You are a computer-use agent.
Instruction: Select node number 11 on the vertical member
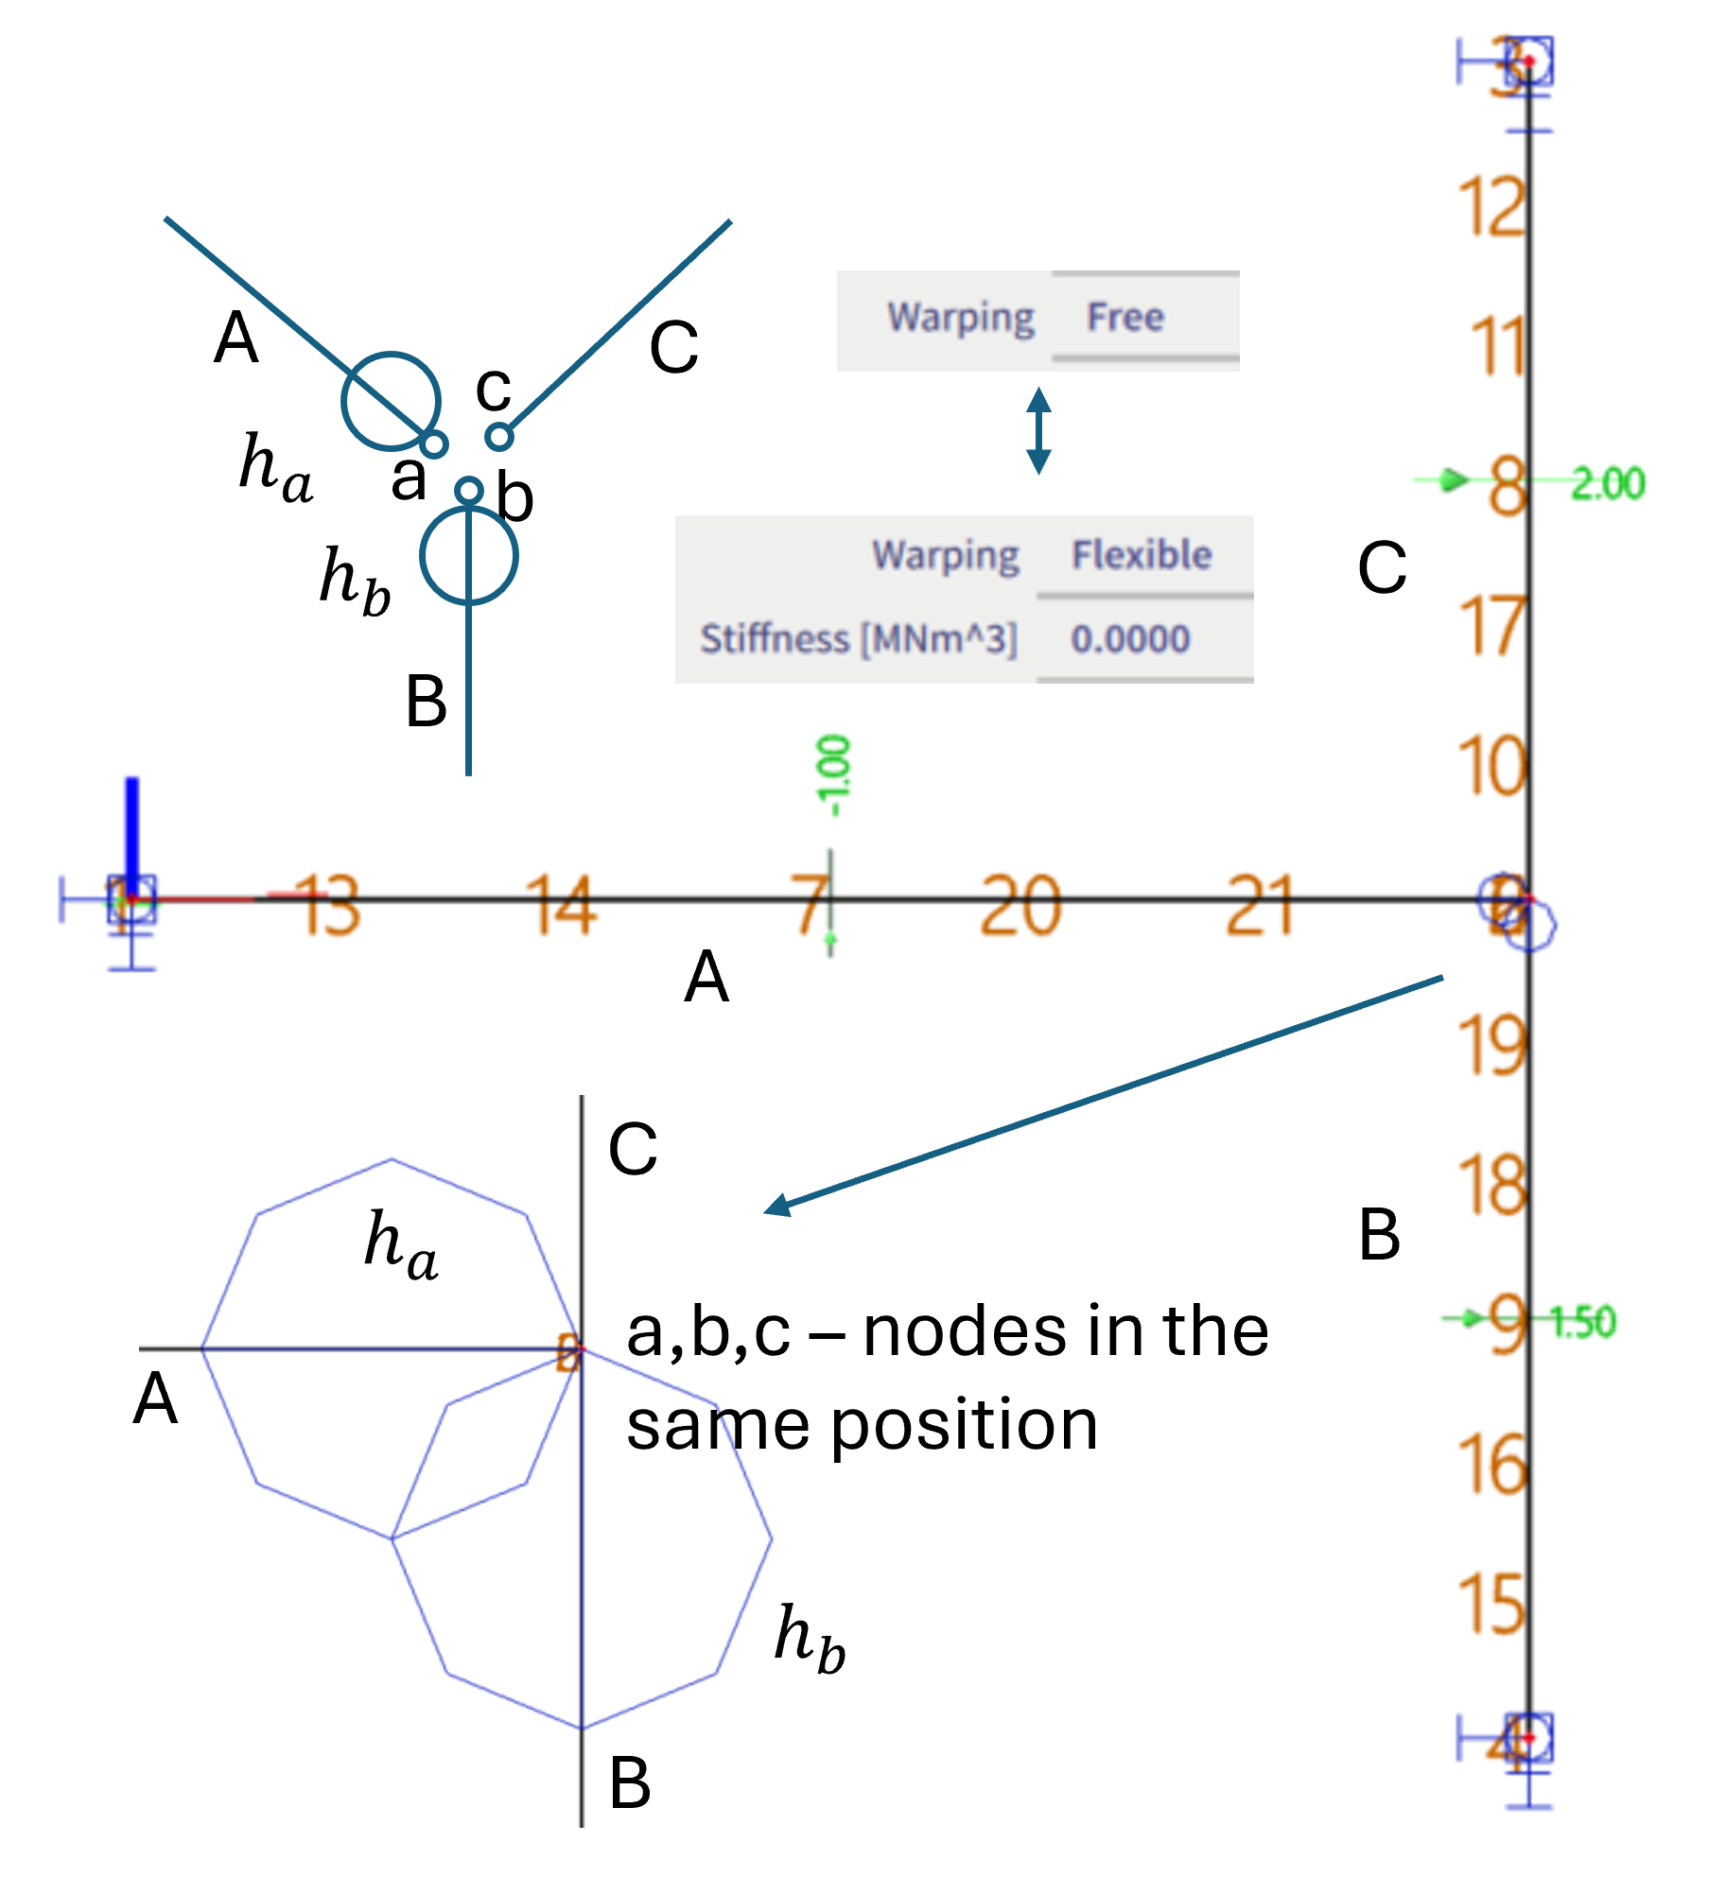tap(1497, 346)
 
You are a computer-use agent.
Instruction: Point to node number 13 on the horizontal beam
tap(326, 905)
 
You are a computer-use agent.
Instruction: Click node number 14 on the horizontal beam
tap(562, 905)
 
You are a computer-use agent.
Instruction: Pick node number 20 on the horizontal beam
tap(1020, 905)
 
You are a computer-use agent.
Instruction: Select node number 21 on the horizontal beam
tap(1260, 905)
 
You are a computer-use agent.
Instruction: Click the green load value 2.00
tap(1609, 484)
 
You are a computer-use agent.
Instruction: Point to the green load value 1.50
tap(1583, 1321)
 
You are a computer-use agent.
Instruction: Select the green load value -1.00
tap(833, 775)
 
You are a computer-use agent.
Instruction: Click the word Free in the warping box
tap(1125, 318)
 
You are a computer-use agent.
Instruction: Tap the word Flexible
tap(1142, 555)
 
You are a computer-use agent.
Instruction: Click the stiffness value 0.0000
tap(1130, 639)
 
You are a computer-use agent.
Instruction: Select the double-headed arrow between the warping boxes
tap(1038, 430)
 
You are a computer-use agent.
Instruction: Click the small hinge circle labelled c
tap(498, 437)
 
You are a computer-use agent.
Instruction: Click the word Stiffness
tap(775, 639)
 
